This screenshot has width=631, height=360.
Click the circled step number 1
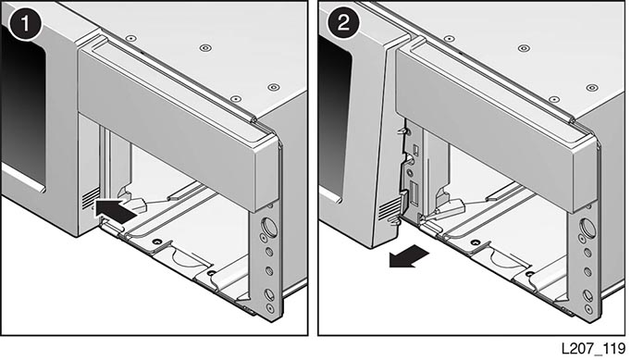(x=25, y=23)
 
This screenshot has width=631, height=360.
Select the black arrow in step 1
(x=116, y=208)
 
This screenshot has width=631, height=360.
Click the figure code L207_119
(x=594, y=348)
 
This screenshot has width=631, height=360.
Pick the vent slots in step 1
(x=91, y=198)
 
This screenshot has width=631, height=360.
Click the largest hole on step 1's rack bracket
(x=269, y=227)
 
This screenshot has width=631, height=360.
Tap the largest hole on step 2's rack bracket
(x=588, y=229)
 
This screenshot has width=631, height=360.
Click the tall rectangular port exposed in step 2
(x=414, y=193)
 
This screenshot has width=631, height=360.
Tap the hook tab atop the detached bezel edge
(x=403, y=131)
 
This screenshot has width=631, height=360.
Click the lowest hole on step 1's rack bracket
(x=270, y=309)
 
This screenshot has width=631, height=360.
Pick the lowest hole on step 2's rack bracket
(x=588, y=309)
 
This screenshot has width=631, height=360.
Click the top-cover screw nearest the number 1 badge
(x=130, y=38)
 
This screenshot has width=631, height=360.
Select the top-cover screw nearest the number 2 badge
(x=449, y=39)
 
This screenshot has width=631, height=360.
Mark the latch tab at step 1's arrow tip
(x=137, y=205)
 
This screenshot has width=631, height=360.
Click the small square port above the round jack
(x=416, y=151)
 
